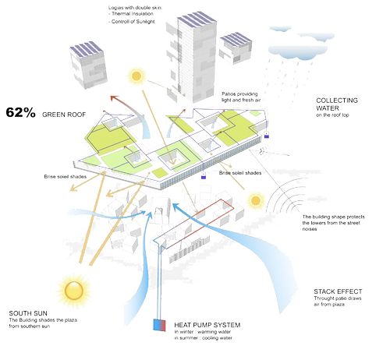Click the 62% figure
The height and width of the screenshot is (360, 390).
21,113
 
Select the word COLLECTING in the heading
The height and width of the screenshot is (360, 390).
337,101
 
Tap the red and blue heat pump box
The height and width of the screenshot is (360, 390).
159,324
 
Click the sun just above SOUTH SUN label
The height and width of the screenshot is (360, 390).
73,291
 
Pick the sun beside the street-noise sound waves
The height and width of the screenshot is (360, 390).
255,201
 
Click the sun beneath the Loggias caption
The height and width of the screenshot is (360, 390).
137,76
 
